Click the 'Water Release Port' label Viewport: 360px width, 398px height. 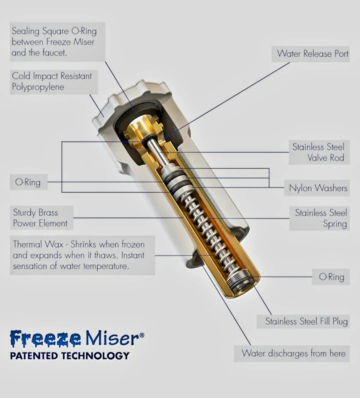click(x=312, y=54)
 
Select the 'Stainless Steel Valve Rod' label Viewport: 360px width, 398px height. click(x=318, y=152)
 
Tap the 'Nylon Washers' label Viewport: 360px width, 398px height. click(x=318, y=188)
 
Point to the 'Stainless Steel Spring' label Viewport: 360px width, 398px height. click(x=321, y=218)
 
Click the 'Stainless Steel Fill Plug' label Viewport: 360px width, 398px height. click(x=306, y=321)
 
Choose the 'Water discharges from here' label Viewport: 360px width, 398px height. click(x=293, y=353)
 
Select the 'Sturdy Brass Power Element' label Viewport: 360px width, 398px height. click(x=40, y=218)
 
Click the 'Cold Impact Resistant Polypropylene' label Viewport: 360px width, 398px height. click(x=52, y=81)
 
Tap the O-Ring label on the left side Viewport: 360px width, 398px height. click(x=28, y=182)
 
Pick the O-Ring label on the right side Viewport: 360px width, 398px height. click(x=331, y=277)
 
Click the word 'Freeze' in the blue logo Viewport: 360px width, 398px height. click(x=45, y=339)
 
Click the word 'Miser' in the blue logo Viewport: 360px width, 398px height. click(x=112, y=339)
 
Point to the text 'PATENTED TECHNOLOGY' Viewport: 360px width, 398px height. click(x=70, y=356)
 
